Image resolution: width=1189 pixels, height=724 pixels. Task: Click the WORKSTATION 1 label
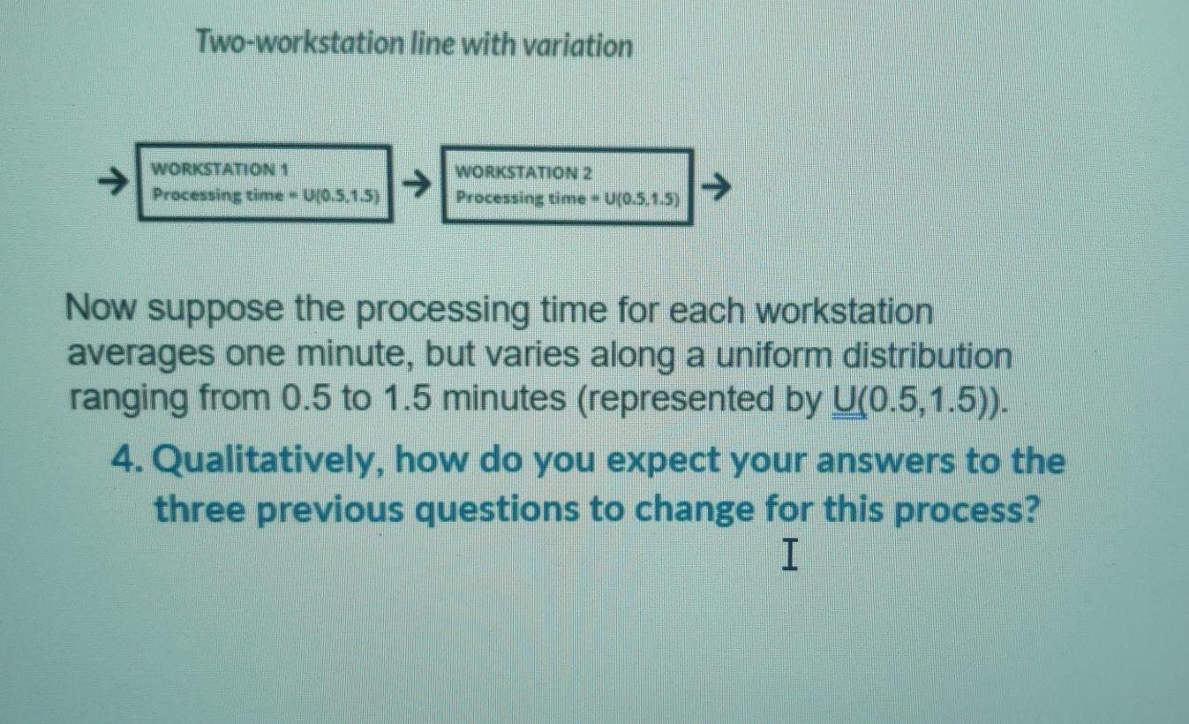pyautogui.click(x=222, y=168)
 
